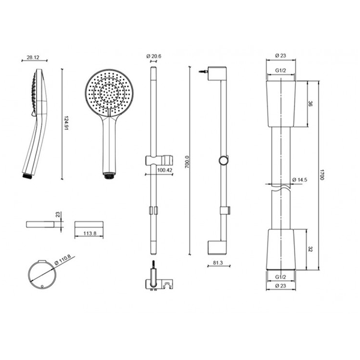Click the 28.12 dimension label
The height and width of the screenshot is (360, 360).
click(33, 58)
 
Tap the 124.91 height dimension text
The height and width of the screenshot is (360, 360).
click(67, 123)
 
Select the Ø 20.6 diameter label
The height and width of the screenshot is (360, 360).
click(154, 56)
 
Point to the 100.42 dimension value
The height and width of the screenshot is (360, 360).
click(165, 170)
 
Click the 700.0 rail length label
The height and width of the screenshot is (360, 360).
click(187, 161)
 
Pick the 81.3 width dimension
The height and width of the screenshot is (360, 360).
click(218, 263)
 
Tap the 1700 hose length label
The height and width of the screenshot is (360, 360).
click(322, 175)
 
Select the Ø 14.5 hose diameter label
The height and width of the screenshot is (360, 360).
click(299, 180)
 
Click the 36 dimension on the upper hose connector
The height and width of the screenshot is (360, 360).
click(310, 104)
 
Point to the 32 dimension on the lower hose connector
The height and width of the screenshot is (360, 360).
click(310, 249)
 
